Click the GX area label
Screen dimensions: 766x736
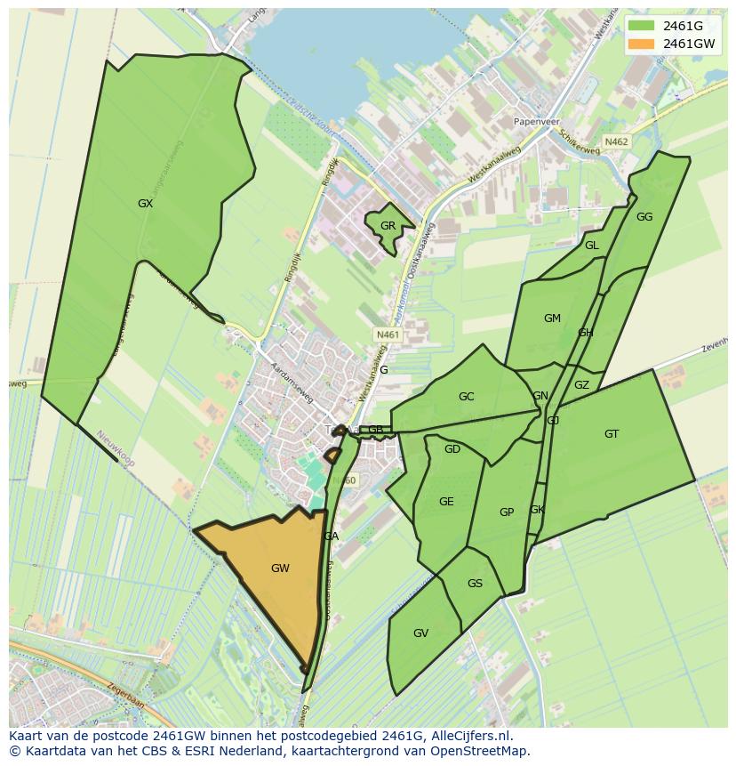tap(146, 204)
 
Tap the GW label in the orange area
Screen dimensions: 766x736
tap(280, 568)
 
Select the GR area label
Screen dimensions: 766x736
tap(388, 226)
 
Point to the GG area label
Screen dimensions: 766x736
tap(644, 217)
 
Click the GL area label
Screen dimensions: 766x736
tap(592, 246)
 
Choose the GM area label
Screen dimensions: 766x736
tap(552, 318)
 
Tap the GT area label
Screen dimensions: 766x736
tap(612, 434)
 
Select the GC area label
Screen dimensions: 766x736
tap(466, 397)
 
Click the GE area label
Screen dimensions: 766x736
tap(446, 502)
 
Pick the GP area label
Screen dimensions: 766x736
tap(507, 512)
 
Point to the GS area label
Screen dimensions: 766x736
tap(475, 584)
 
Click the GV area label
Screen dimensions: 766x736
tap(421, 633)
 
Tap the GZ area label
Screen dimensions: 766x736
tap(581, 385)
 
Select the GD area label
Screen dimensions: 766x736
tap(452, 449)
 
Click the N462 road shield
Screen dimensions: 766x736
tap(616, 141)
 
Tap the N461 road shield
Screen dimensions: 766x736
tap(388, 335)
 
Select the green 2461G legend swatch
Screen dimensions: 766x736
tap(641, 25)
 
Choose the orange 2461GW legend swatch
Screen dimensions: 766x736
tap(641, 44)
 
